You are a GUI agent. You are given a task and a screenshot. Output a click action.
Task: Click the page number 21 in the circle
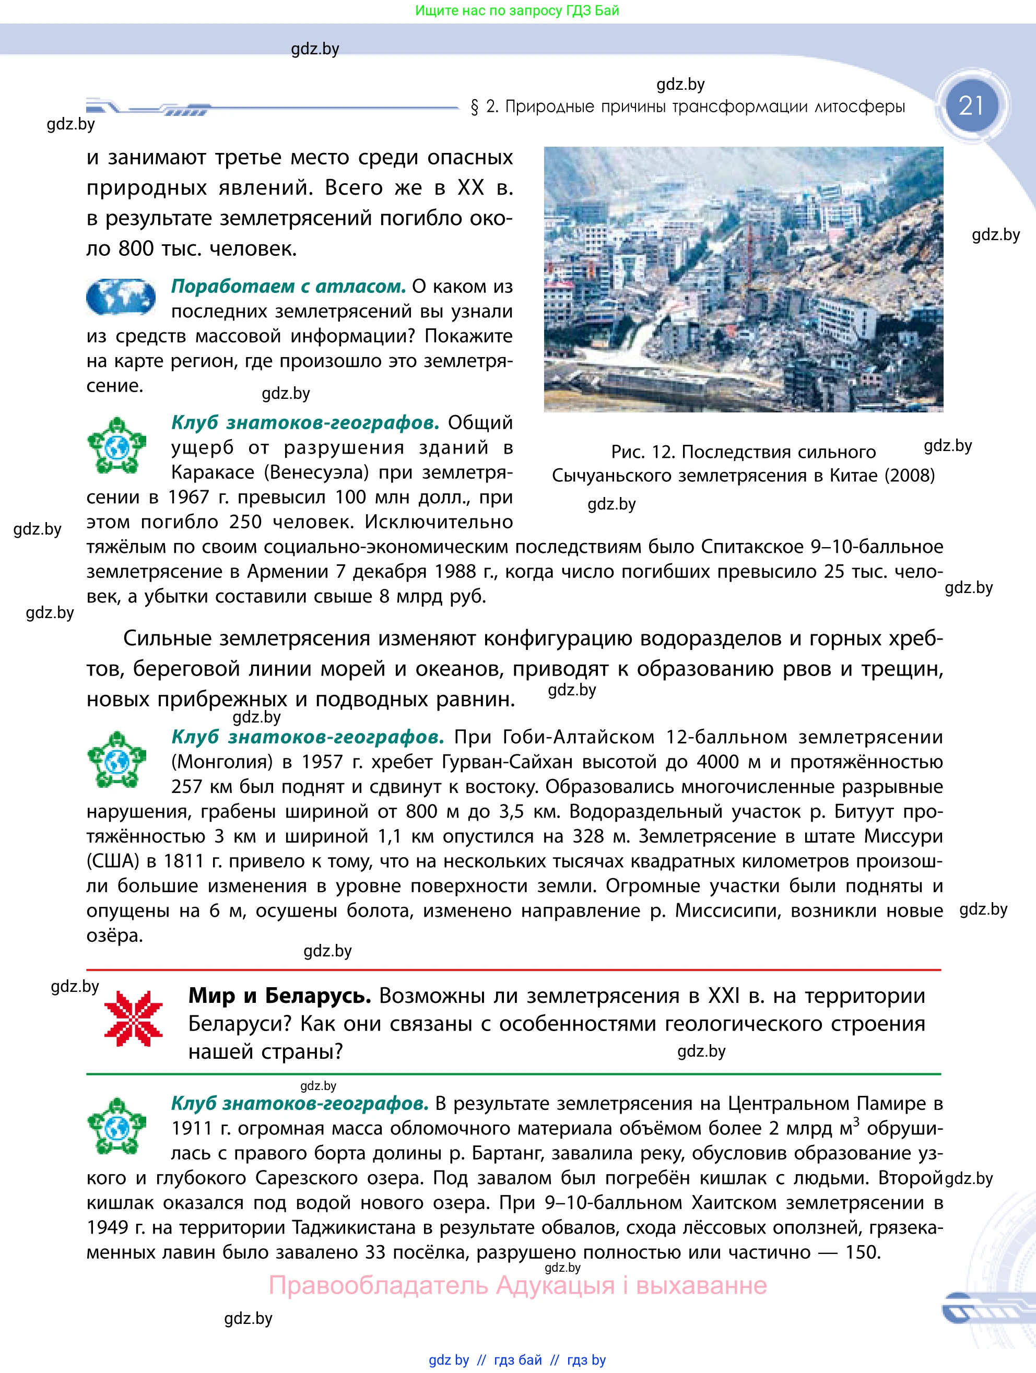[971, 105]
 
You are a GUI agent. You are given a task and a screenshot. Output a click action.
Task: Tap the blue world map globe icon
[121, 297]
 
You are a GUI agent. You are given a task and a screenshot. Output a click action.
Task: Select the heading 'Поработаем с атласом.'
[288, 286]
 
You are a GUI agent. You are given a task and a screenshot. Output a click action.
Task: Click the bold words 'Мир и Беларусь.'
[279, 996]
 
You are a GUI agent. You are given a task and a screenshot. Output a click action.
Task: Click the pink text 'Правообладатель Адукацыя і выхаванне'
[517, 1285]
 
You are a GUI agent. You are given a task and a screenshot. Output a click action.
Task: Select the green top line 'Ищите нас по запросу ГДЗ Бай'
[517, 10]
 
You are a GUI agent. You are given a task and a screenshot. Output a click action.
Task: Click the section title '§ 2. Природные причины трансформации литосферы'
[688, 107]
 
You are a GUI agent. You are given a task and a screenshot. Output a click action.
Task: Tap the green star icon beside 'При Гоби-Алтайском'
[116, 760]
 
